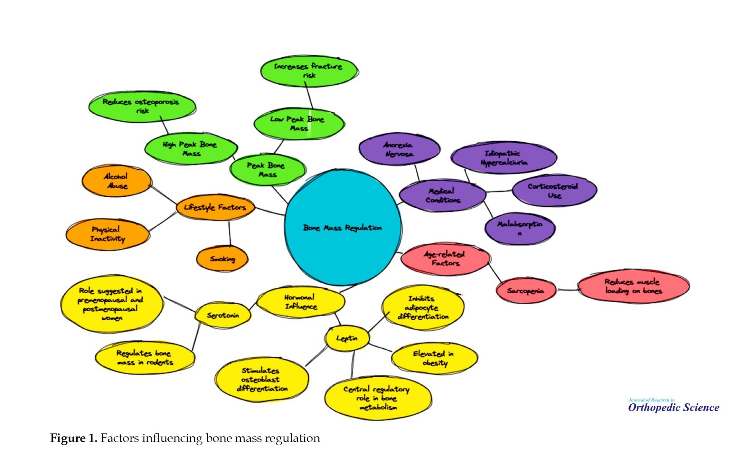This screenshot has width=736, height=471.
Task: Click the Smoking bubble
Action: [222, 259]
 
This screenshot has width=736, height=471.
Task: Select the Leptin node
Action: [347, 338]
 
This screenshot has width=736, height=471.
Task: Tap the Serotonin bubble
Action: [223, 315]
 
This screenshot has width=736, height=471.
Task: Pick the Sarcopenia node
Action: [526, 291]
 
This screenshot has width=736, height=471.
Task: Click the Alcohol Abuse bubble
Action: [116, 181]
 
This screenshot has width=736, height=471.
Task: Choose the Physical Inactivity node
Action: [108, 234]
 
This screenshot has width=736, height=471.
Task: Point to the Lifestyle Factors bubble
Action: [215, 208]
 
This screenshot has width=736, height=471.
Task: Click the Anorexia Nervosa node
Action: [399, 149]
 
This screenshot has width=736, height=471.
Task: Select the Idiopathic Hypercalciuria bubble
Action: [503, 158]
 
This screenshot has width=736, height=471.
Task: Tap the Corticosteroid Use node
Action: [553, 191]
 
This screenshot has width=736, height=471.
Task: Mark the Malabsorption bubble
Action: [520, 228]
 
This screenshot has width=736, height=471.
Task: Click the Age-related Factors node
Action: [445, 259]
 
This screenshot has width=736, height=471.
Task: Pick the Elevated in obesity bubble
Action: [434, 358]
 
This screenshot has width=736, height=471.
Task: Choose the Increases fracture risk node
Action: [309, 71]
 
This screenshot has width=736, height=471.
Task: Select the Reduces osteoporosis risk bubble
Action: [142, 106]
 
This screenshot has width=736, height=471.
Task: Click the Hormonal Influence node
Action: [300, 302]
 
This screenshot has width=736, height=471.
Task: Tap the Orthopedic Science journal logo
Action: [673, 406]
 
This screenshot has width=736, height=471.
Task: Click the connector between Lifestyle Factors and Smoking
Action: [230, 233]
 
